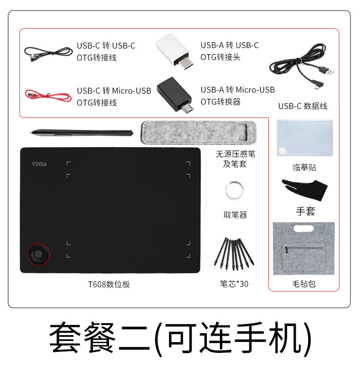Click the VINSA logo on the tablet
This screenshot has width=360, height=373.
pos(39,164)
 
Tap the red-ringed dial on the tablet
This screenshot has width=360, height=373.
pos(38,254)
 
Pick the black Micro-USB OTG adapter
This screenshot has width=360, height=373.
pos(175,94)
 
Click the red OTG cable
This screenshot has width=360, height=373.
pos(48,95)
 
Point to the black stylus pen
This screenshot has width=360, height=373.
pos(82,133)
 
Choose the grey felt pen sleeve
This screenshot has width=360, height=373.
pos(198,132)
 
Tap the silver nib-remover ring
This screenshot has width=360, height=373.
pos(234,190)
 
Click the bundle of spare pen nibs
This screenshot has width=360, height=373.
pos(234,254)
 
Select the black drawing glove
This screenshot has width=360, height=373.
pos(305,189)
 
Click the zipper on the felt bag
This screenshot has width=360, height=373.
pos(303,248)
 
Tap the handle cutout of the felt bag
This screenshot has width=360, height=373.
pos(303,229)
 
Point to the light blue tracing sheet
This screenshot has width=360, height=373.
pos(305,138)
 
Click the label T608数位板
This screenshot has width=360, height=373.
pos(109,284)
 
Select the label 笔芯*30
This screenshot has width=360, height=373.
pos(234,284)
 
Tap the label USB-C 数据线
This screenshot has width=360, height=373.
pos(302,106)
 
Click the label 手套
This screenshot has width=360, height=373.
pos(305,211)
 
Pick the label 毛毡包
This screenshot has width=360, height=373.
pos(304,284)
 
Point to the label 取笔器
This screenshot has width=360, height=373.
pos(235,215)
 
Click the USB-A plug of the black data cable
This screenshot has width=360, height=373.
pos(328,70)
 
